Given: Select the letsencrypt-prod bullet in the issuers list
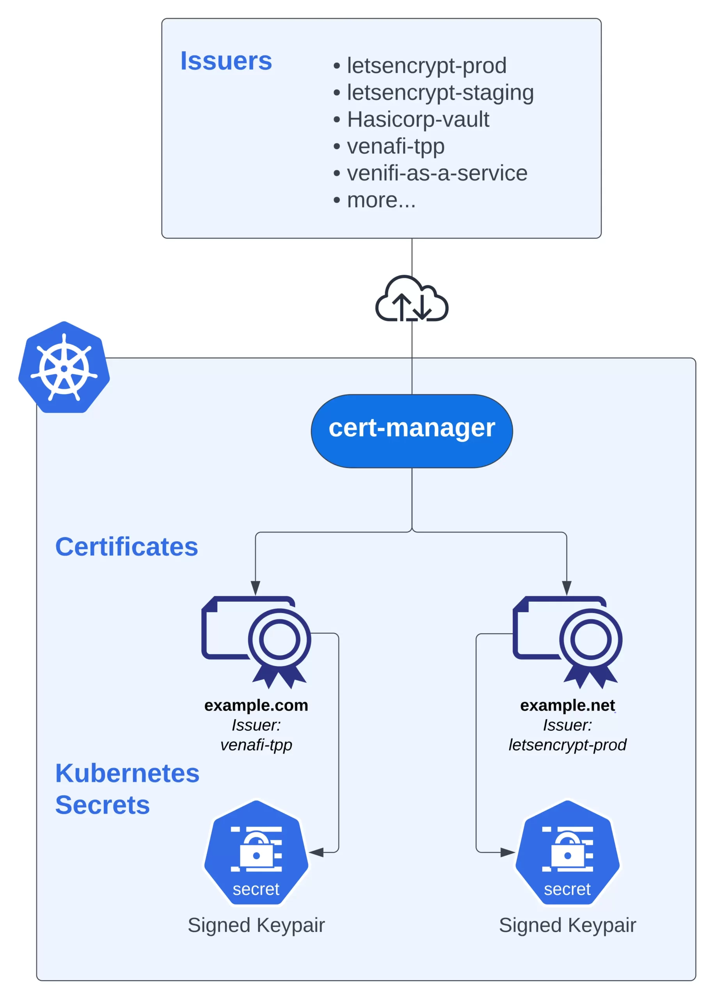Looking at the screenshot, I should [x=426, y=66].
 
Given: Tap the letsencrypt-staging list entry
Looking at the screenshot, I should [x=440, y=92].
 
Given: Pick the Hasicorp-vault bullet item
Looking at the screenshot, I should [x=418, y=119].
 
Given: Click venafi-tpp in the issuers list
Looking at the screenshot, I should [x=395, y=146].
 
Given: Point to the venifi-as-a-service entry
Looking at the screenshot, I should [x=437, y=173].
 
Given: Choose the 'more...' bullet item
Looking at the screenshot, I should [x=381, y=200].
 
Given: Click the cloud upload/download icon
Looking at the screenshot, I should [x=412, y=299].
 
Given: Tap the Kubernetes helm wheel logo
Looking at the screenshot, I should [x=64, y=367].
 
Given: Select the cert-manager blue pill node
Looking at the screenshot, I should [x=412, y=430].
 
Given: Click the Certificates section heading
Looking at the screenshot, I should [x=127, y=547].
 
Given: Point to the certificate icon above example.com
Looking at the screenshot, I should [x=256, y=642].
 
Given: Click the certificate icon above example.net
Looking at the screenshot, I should [x=567, y=642].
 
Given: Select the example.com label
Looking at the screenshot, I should [x=256, y=705].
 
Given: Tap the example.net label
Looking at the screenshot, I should [x=567, y=705].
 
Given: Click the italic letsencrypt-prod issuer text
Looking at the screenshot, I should [x=567, y=745].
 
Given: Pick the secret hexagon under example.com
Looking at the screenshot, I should [x=256, y=853].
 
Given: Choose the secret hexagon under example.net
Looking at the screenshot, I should [x=567, y=853].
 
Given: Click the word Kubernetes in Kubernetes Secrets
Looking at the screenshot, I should [x=127, y=773].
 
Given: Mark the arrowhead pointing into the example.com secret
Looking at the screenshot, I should [x=316, y=853].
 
